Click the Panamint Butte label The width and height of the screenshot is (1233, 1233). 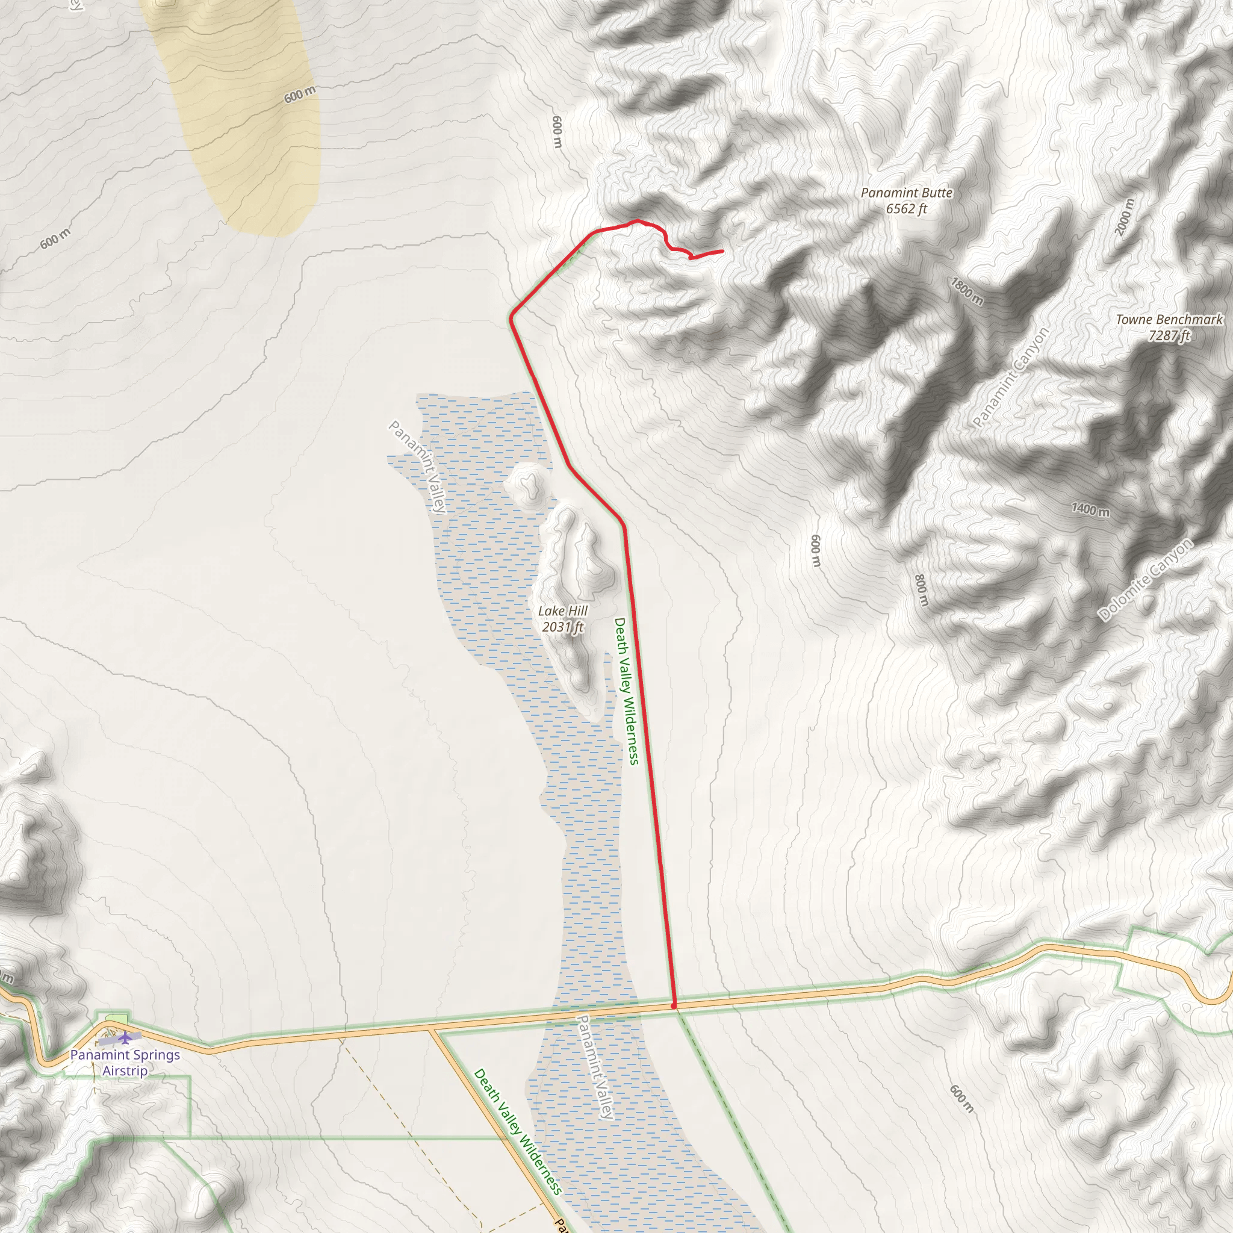pos(906,193)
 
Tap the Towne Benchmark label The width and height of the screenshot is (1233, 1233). pos(1169,319)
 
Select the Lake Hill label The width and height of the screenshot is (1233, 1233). pos(562,610)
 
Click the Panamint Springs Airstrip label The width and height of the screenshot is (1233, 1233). pos(125,1063)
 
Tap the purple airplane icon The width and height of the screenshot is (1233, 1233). pos(126,1039)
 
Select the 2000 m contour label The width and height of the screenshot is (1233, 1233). pos(1125,217)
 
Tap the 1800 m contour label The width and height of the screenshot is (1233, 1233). pos(967,291)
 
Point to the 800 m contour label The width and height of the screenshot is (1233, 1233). pos(921,591)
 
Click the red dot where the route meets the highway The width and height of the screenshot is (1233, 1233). pos(674,1007)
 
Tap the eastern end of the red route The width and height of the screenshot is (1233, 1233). pos(722,252)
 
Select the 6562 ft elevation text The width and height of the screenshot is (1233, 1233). pos(906,210)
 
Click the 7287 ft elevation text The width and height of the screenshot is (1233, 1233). pos(1169,336)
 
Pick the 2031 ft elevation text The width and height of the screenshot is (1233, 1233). pos(562,627)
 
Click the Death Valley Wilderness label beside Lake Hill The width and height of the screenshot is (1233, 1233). pos(626,691)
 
